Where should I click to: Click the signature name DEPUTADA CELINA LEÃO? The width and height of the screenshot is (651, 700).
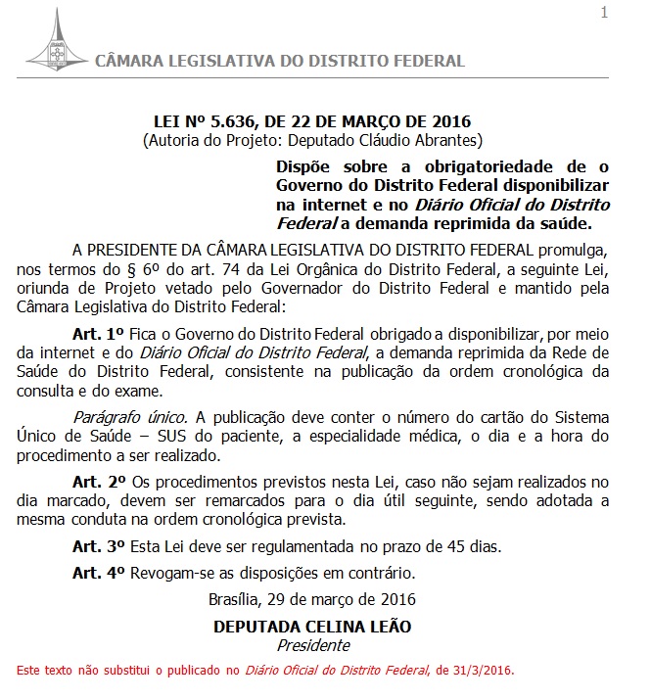point(312,626)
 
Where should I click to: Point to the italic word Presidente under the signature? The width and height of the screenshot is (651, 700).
point(312,645)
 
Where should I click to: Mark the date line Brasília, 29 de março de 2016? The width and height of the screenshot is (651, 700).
point(312,598)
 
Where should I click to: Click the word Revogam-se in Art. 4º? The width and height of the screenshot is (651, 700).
point(170,572)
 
